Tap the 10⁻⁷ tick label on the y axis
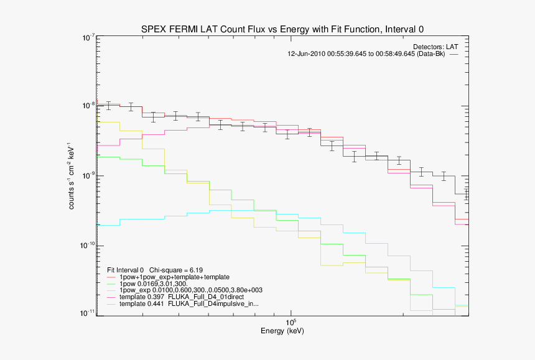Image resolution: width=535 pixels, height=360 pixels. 87,39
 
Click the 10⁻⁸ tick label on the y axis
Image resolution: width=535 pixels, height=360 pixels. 87,107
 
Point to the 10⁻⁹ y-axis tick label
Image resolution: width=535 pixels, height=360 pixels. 87,176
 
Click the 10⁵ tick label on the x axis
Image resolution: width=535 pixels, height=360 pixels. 291,322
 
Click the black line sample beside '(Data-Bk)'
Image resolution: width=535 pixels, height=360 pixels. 454,55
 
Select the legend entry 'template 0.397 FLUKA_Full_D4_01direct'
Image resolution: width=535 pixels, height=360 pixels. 182,297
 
